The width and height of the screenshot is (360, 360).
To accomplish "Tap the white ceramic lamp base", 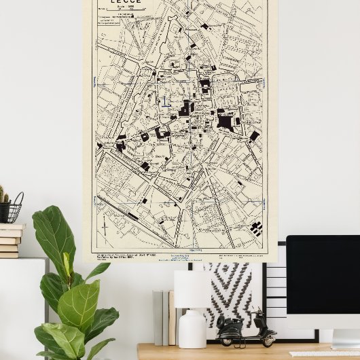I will pyautogui.click(x=192, y=329).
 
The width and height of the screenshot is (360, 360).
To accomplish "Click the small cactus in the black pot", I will pyautogui.click(x=4, y=196).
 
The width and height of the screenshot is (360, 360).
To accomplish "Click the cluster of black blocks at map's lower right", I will pyautogui.click(x=255, y=228).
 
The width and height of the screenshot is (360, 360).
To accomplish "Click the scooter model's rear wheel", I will pyautogui.click(x=269, y=339).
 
